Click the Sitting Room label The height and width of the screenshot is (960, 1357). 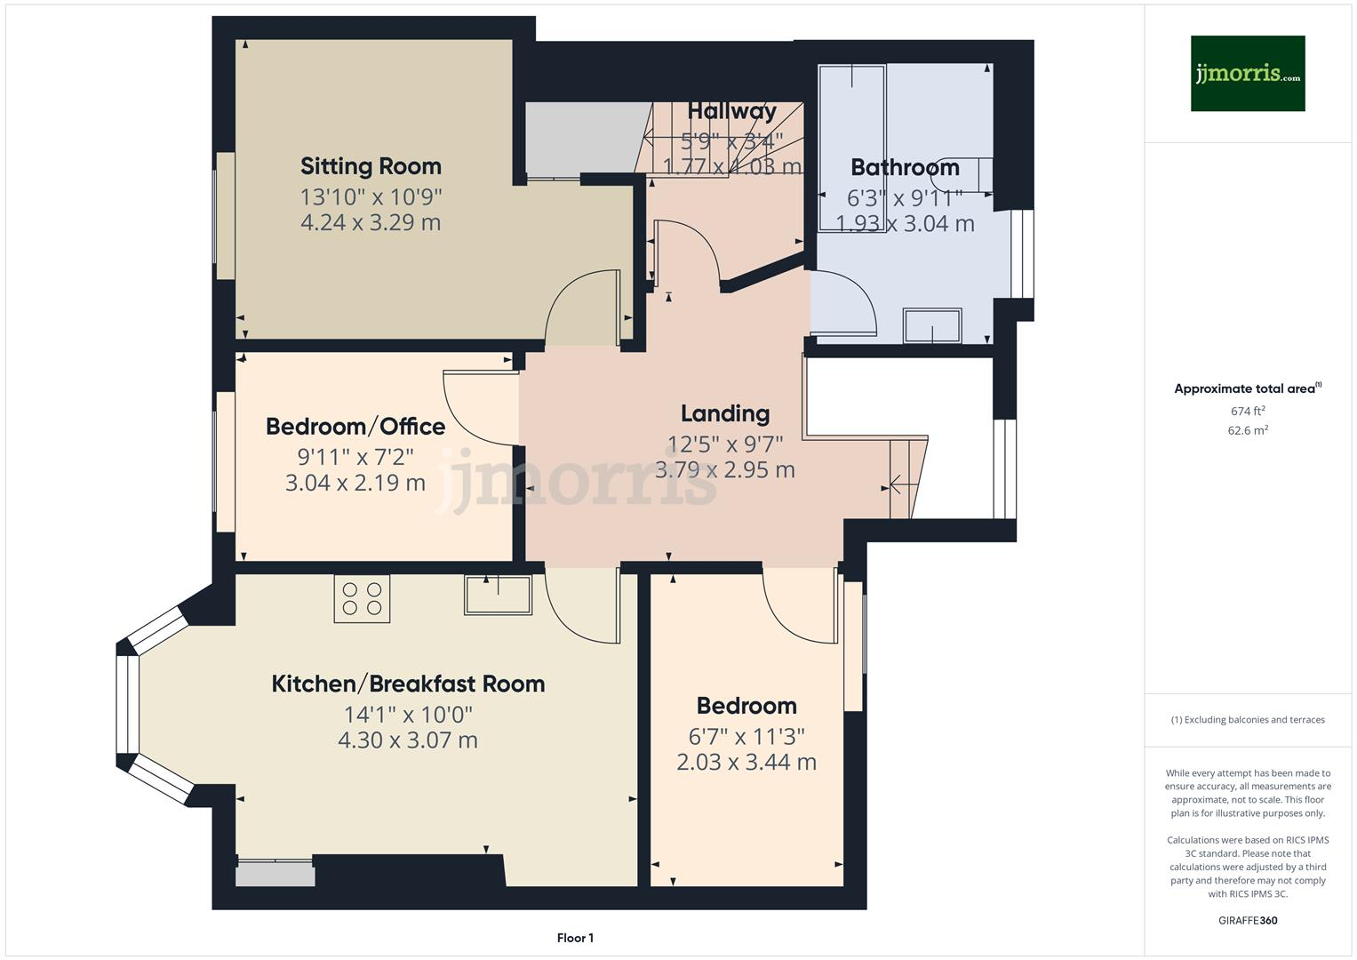coord(371,166)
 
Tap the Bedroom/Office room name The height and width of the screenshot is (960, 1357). coord(355,427)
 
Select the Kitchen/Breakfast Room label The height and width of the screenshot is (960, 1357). coord(408,684)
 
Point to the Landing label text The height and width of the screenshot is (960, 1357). coord(725,413)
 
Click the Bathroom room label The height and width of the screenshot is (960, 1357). coord(905,167)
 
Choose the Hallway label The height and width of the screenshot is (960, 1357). coord(731,111)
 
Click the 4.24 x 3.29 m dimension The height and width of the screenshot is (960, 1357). coord(371,222)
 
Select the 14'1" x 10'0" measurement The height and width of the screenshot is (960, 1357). coord(408,715)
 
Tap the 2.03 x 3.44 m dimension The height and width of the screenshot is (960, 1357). coord(746,762)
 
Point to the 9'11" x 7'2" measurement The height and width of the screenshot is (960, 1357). coord(355,457)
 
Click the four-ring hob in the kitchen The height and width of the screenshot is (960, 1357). coord(362,598)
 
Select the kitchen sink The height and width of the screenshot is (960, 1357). coord(498,595)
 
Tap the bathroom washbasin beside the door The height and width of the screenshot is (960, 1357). coord(932,325)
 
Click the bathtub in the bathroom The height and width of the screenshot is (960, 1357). coord(851,147)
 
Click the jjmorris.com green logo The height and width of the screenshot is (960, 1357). coord(1248,74)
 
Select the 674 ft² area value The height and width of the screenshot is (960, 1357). coord(1248,412)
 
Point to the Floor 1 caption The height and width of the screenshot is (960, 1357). coord(575,938)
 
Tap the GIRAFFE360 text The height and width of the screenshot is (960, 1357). coord(1248,920)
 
